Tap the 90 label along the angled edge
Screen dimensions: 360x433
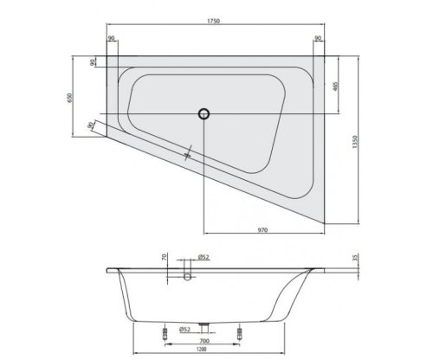pos(91,125)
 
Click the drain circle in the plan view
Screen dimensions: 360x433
pos(204,112)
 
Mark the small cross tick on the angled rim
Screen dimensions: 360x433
pos(186,154)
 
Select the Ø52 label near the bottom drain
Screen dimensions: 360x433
pos(183,328)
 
